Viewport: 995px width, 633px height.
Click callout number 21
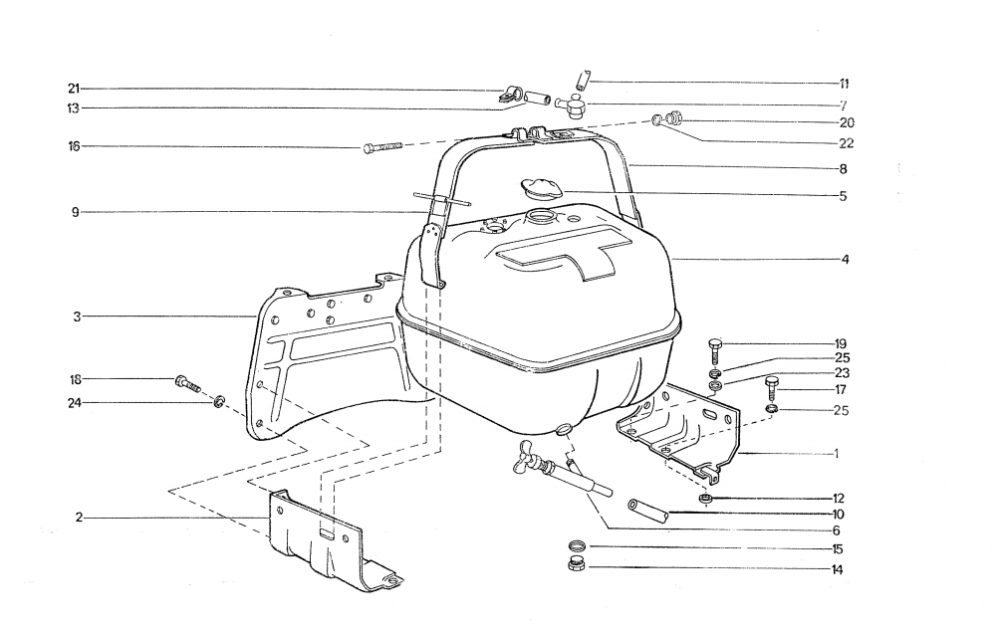click(75, 89)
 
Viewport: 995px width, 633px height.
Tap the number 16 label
click(75, 146)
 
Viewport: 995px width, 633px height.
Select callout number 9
click(75, 212)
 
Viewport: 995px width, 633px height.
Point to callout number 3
click(77, 316)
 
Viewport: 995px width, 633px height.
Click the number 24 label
click(75, 403)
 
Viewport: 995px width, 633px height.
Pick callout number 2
click(79, 518)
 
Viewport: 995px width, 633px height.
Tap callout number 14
click(837, 569)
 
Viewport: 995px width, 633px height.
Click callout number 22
click(847, 143)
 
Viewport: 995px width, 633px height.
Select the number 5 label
click(843, 196)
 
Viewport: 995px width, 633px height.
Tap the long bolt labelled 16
click(382, 147)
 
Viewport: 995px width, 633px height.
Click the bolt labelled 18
click(187, 383)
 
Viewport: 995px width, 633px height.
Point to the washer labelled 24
click(219, 401)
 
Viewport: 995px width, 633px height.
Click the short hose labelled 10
click(647, 510)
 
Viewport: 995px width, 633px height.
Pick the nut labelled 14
click(577, 564)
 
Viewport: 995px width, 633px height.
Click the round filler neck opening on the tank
click(541, 217)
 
